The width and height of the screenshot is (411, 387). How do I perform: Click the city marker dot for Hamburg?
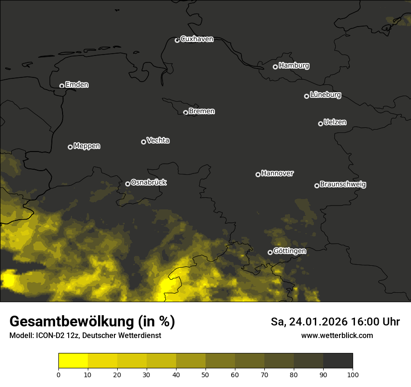pyautogui.click(x=275, y=67)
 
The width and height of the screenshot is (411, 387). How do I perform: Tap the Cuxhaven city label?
pyautogui.click(x=197, y=39)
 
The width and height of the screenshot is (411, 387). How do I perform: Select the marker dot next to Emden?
pyautogui.click(x=62, y=86)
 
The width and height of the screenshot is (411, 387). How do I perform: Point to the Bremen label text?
pyautogui.click(x=202, y=111)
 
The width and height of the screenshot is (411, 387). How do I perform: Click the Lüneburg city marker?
pyautogui.click(x=306, y=96)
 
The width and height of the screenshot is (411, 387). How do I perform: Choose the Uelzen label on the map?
pyautogui.click(x=335, y=122)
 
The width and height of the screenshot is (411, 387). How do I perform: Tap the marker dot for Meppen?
pyautogui.click(x=70, y=147)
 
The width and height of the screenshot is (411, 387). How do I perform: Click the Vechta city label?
pyautogui.click(x=158, y=140)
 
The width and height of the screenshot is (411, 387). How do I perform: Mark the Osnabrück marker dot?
pyautogui.click(x=128, y=184)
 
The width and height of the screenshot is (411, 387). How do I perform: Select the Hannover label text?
pyautogui.click(x=277, y=173)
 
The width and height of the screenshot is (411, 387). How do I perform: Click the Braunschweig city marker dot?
pyautogui.click(x=317, y=186)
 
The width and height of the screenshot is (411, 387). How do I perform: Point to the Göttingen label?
pyautogui.click(x=290, y=251)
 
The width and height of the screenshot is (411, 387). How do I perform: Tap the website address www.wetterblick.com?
pyautogui.click(x=337, y=335)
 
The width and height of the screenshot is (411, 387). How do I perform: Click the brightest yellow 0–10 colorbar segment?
pyautogui.click(x=73, y=360)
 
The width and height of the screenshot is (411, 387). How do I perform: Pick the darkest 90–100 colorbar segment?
pyautogui.click(x=338, y=360)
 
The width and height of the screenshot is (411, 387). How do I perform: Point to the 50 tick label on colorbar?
pyautogui.click(x=205, y=374)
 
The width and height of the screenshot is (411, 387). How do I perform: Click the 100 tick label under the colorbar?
pyautogui.click(x=353, y=374)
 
